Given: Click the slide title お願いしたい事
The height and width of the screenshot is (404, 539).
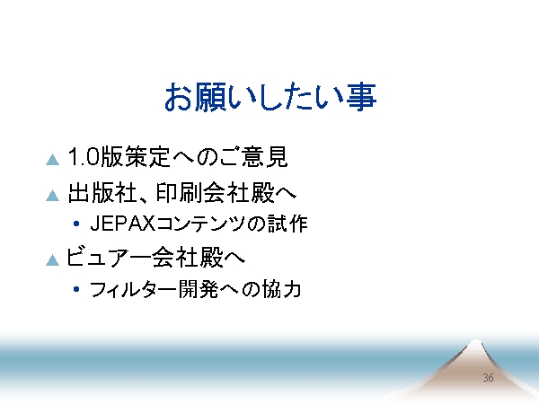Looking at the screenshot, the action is pyautogui.click(x=270, y=97).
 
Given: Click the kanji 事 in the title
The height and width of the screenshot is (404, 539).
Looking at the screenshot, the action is pyautogui.click(x=361, y=97).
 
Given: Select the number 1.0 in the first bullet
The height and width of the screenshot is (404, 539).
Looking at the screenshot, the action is pyautogui.click(x=84, y=156).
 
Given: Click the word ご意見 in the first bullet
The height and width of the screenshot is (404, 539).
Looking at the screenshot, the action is pyautogui.click(x=253, y=156).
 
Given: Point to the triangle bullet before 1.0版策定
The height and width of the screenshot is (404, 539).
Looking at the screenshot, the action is pyautogui.click(x=53, y=160).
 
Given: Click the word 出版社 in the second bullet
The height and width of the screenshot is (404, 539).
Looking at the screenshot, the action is pyautogui.click(x=103, y=193).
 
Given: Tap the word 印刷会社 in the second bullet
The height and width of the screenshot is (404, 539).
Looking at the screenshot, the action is pyautogui.click(x=202, y=193).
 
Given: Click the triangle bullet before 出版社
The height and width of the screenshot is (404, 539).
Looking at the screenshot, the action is pyautogui.click(x=53, y=195).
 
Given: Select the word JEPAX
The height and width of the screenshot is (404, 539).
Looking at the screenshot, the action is pyautogui.click(x=123, y=224).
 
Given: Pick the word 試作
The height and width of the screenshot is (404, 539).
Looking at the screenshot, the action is pyautogui.click(x=287, y=224).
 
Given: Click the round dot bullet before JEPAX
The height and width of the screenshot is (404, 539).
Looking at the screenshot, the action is pyautogui.click(x=76, y=224).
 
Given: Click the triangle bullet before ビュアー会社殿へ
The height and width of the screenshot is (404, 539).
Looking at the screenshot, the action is pyautogui.click(x=53, y=259).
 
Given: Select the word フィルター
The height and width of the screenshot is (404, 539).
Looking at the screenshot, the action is pyautogui.click(x=133, y=289).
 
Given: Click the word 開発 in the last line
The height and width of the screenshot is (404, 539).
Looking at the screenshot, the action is pyautogui.click(x=199, y=289).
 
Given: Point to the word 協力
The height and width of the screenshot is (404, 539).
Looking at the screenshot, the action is pyautogui.click(x=282, y=289).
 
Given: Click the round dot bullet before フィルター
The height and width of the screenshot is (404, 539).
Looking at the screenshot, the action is pyautogui.click(x=76, y=289).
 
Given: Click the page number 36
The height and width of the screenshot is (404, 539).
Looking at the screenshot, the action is pyautogui.click(x=488, y=378).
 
